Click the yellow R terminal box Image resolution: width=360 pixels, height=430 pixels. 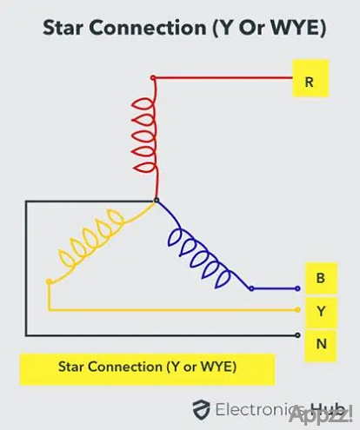[310, 78]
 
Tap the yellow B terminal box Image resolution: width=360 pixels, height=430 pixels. [321, 279]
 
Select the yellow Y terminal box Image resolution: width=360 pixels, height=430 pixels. [321, 312]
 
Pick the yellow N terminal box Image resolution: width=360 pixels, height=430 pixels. [321, 345]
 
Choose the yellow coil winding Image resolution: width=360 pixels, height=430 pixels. [98, 241]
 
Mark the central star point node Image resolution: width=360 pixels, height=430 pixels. [157, 200]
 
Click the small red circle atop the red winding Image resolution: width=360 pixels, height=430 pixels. [153, 77]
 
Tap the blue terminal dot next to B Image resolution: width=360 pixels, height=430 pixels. [297, 288]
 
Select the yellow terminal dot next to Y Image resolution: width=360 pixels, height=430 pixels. [297, 310]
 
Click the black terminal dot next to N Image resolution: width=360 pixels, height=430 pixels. [297, 335]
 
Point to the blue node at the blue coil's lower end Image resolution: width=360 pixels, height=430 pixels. [251, 288]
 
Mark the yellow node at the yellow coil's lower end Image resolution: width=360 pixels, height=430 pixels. [49, 281]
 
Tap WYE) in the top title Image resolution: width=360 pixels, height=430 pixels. [298, 28]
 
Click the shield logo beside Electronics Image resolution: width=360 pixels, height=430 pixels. [202, 409]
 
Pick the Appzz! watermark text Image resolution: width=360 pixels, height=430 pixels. [321, 414]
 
